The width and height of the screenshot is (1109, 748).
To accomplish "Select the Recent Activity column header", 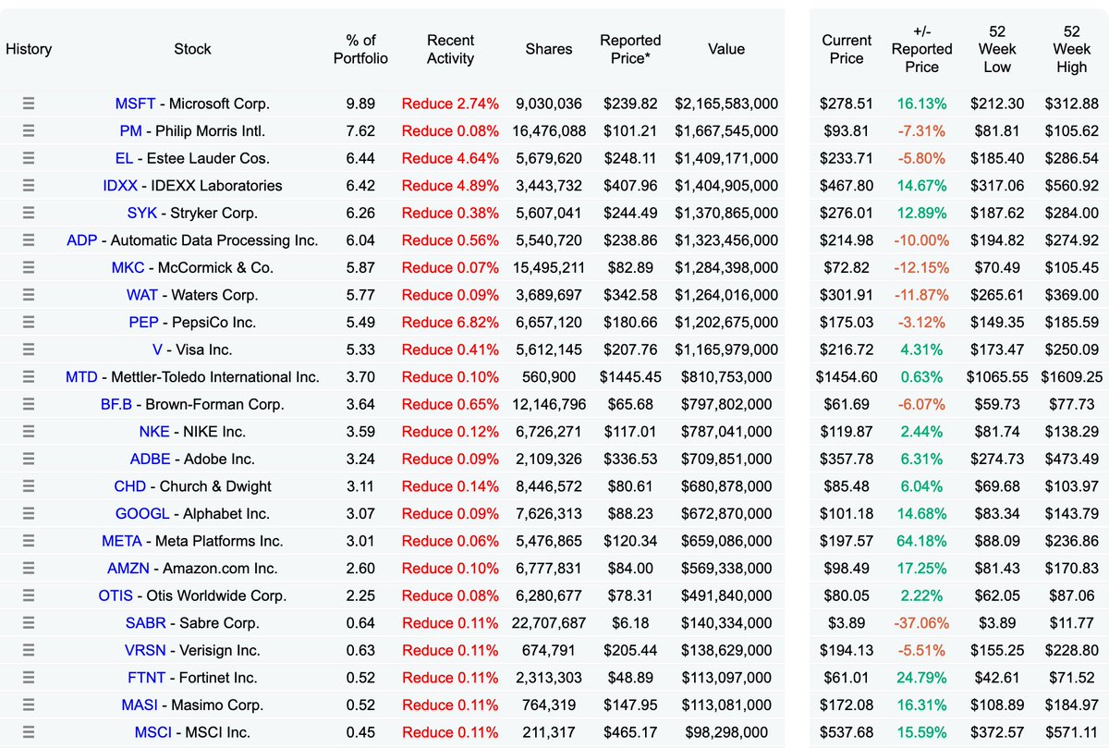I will tap(450, 49).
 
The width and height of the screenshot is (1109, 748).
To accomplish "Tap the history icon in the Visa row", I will tap(29, 349).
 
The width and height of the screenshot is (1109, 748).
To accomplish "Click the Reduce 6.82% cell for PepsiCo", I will tap(450, 323).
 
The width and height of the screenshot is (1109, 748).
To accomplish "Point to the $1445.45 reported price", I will tap(630, 377).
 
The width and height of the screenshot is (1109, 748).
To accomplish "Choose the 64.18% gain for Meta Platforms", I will tap(921, 541).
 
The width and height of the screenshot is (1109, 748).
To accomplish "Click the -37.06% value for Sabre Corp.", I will tap(921, 623).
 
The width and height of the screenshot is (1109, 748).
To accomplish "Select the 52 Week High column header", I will tap(1071, 49).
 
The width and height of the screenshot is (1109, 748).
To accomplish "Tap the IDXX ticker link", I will tap(120, 186).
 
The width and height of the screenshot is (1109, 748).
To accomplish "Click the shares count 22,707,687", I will tap(548, 623).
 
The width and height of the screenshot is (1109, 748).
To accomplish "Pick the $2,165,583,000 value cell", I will tap(726, 104).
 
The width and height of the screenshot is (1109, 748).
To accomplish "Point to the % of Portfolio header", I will tap(367, 49).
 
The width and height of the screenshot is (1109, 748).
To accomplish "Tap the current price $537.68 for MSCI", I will tap(846, 733).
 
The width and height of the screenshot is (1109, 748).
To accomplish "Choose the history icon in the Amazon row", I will tap(29, 569).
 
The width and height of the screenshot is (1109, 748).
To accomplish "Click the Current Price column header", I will tap(847, 49).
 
